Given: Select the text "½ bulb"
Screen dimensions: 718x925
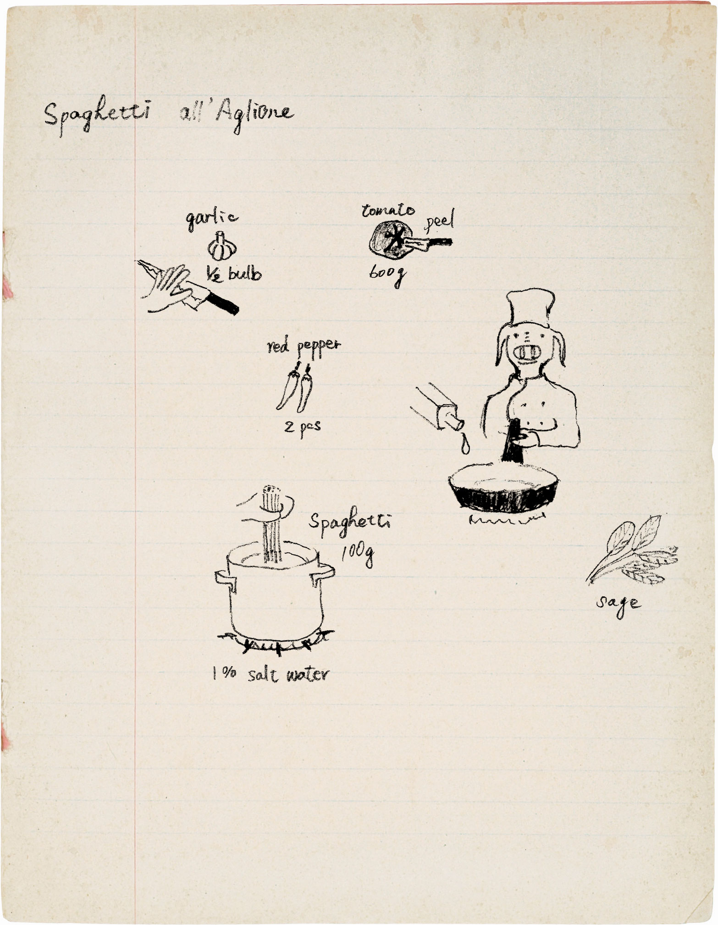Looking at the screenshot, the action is tap(233, 274).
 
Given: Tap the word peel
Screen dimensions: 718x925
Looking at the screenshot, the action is tap(440, 221).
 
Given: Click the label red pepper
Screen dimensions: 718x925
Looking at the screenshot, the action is tap(304, 347).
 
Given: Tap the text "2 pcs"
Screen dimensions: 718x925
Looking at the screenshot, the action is tap(302, 428).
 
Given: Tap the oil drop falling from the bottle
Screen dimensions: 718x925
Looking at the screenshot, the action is tap(466, 444).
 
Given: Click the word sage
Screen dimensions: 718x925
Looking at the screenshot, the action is tap(619, 603).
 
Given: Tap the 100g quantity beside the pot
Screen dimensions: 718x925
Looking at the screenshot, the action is tap(357, 556).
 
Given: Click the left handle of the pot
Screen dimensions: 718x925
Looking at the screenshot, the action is tap(224, 578).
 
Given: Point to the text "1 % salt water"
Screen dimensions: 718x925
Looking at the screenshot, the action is tap(270, 674).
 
